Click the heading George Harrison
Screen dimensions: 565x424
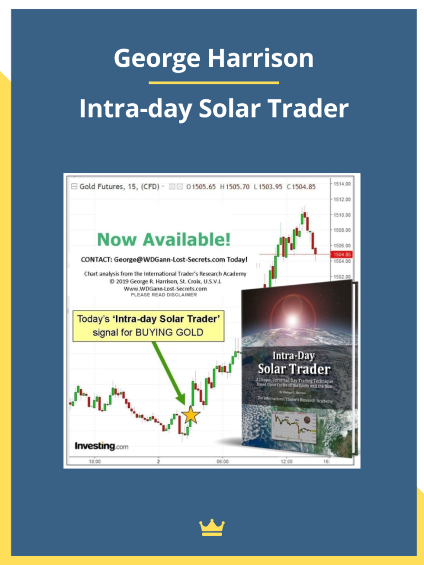214,58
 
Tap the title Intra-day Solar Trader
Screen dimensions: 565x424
214,109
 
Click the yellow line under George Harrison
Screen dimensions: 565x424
214,83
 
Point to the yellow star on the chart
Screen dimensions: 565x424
190,415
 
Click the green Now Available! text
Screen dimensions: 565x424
163,239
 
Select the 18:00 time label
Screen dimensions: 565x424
94,461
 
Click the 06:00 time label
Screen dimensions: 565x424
222,461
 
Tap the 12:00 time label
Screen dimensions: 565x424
287,461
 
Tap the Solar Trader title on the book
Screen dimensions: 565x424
294,369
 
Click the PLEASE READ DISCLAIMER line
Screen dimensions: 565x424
163,295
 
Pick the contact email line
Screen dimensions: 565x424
164,259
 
